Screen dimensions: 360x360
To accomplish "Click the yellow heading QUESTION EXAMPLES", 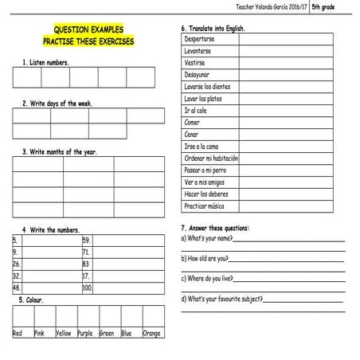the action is point(88,29).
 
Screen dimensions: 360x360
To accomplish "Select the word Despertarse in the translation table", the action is point(199,39).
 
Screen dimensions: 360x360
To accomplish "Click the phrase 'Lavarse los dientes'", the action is point(207,86).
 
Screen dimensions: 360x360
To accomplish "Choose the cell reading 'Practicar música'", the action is point(205,206).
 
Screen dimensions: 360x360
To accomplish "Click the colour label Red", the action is point(18,333).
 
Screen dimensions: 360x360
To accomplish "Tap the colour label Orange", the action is point(151,333).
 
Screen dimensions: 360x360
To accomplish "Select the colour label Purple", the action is point(85,333).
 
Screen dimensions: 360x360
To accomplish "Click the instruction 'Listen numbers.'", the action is point(46,62).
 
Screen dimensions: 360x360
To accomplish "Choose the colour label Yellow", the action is point(64,333).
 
